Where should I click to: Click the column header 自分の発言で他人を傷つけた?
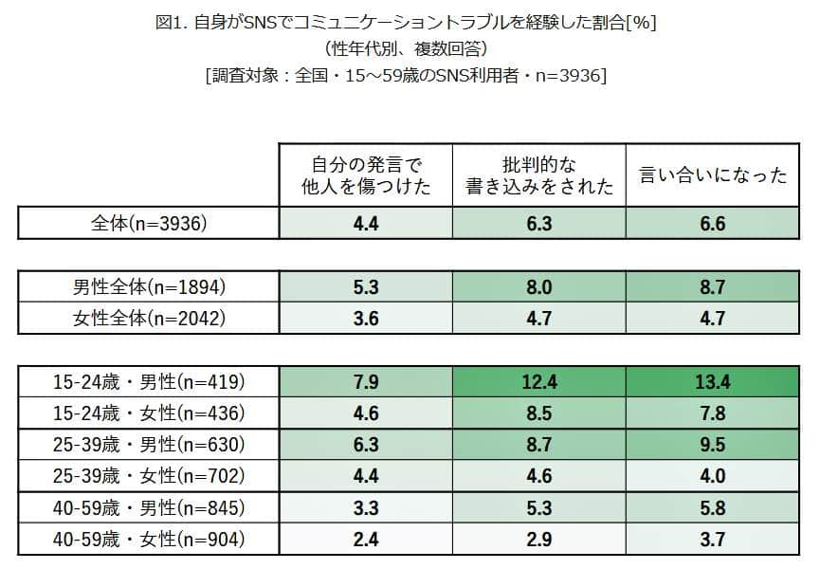365,174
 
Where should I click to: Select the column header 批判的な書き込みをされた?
539,174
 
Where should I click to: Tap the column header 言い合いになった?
714,175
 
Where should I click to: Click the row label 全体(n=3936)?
148,224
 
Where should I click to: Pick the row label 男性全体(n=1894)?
149,286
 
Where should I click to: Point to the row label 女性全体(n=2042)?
149,319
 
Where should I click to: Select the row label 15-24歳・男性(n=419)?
149,382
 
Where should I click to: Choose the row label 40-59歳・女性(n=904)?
149,540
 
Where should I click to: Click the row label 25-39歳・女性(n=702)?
149,476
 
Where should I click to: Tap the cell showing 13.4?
714,382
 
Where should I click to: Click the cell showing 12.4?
539,382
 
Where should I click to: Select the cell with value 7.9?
365,382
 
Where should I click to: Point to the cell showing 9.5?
714,445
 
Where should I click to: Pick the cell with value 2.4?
365,540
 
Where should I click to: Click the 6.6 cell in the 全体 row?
714,224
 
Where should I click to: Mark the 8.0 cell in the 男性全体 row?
539,286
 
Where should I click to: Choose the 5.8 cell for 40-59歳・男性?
714,508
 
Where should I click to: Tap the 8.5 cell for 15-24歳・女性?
539,413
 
